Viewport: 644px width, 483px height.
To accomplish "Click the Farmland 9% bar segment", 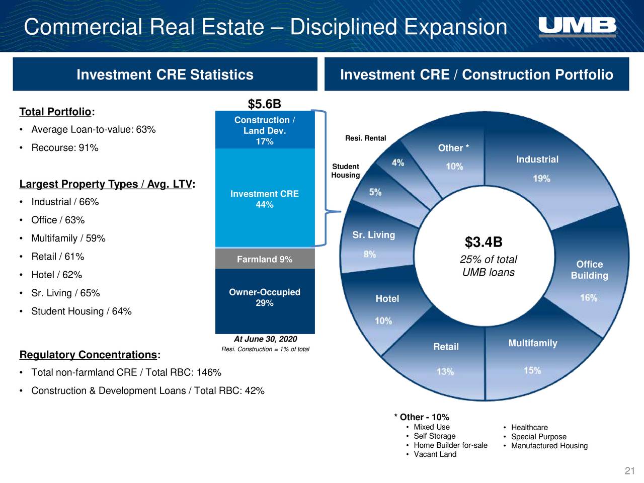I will click(265, 259).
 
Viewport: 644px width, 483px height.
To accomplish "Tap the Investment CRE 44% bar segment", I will click(265, 199).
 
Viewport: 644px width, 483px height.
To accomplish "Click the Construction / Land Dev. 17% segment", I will click(265, 130).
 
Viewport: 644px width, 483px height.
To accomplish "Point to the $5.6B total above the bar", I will click(264, 104).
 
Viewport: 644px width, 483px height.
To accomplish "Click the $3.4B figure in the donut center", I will click(484, 243).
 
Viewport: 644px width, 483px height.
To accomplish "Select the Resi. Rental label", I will click(365, 138).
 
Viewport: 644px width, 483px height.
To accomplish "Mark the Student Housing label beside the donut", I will click(345, 171).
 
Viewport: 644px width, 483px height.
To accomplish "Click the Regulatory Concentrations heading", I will click(89, 355).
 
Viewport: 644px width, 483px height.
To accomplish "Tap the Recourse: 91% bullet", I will click(64, 148).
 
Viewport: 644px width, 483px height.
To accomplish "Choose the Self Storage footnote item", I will click(434, 436).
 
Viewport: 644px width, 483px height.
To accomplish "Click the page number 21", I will click(629, 471).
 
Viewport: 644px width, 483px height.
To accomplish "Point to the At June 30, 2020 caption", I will click(265, 339).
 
